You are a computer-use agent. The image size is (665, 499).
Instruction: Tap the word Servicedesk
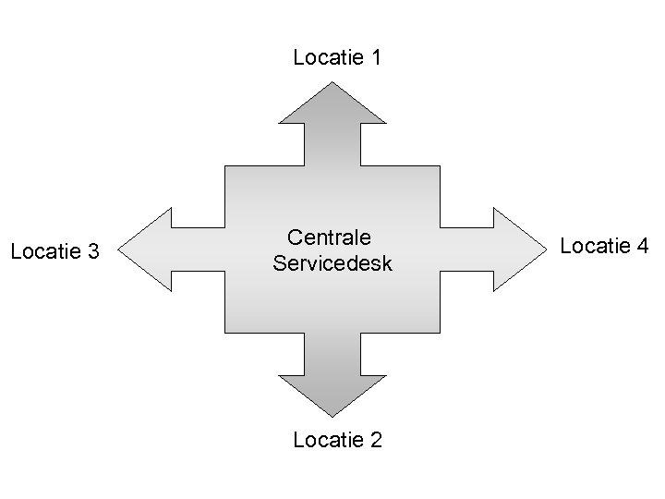(x=332, y=263)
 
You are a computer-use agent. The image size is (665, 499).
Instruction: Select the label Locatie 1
(x=337, y=58)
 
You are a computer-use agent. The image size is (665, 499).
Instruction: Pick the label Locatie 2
(x=337, y=440)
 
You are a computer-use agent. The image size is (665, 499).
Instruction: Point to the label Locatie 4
(x=605, y=246)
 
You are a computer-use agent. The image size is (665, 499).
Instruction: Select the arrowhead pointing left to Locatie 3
(x=148, y=249)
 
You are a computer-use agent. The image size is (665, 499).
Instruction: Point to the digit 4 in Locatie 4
(x=643, y=246)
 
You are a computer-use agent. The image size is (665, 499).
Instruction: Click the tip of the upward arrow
(x=332, y=83)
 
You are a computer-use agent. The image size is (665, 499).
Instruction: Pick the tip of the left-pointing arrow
(x=121, y=249)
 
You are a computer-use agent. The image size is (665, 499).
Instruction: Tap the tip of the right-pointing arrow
(x=546, y=249)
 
